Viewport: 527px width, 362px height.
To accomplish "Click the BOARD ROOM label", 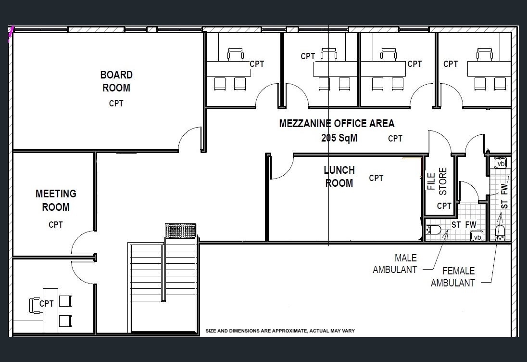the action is coord(116,81).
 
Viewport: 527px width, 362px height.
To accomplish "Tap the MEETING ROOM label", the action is coord(56,200).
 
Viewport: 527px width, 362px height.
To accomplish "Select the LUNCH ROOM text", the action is coord(339,177).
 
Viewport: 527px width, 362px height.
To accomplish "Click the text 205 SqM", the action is coord(339,138).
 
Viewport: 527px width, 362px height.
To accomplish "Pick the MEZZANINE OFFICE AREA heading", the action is coord(337,123).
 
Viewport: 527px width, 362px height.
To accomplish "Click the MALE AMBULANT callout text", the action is coord(395,264).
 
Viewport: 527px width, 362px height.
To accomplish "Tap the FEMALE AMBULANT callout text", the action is coord(453,277).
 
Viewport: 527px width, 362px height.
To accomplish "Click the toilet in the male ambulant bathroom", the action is coord(433,230).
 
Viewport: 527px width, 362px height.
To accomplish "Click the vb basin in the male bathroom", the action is coord(477,236).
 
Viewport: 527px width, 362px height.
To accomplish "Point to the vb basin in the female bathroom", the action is coord(501,163).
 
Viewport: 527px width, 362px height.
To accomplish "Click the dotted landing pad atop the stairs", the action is coord(180,231).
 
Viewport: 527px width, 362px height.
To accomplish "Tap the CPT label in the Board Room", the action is coord(116,103).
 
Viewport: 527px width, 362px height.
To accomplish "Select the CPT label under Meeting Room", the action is coord(55,225).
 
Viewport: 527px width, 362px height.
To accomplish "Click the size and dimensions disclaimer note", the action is coord(280,331).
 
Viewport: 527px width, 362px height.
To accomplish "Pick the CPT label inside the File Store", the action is coord(444,206).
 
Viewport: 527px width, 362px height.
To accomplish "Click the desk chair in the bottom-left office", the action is coord(35,306).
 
